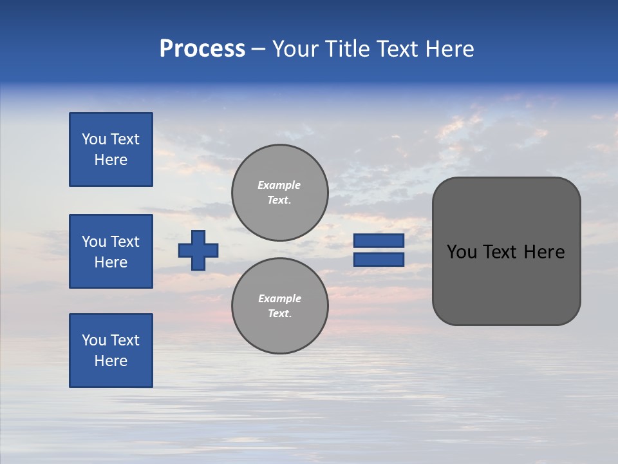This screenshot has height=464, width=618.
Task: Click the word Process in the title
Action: point(202,49)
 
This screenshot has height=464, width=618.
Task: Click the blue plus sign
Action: point(198,250)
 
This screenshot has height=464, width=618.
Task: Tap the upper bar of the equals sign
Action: point(379,240)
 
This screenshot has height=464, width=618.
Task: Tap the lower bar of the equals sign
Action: point(379,260)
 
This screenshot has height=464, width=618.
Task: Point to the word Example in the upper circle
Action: point(279,185)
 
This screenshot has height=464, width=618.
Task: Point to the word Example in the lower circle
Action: point(279,298)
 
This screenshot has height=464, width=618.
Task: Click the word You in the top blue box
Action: point(93,139)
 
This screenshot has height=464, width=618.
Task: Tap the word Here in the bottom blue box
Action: point(111,361)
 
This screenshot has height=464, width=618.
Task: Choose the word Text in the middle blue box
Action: point(124,242)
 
